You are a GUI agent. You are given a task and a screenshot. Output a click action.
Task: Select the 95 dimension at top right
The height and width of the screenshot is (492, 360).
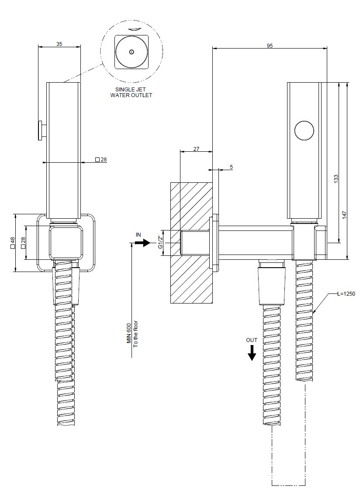coord(270,45)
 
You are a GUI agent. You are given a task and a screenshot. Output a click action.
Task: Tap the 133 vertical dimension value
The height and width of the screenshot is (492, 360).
coord(336,178)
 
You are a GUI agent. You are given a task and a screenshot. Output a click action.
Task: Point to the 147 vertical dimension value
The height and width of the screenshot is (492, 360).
coord(344,214)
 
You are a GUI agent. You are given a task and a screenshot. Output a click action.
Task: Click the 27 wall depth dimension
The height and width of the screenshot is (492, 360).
coord(196,149)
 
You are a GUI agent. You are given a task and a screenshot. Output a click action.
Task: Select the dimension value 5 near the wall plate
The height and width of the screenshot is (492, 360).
coord(231,167)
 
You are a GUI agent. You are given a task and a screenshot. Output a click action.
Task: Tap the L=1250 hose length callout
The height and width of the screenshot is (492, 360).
coord(346,294)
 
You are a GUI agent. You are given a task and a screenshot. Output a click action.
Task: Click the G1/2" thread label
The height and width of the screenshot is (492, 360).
coord(160,242)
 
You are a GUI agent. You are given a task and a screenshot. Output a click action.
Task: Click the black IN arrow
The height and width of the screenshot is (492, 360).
coord(142,243)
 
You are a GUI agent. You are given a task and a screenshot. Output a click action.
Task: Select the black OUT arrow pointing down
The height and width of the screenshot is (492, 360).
coord(252,352)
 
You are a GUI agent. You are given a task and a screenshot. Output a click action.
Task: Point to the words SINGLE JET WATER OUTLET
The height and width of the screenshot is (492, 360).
coord(131,92)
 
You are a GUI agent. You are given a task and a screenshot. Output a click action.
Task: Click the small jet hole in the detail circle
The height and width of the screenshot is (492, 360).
coord(132,52)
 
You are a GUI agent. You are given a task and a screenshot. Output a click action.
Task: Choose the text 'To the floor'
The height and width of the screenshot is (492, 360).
coord(135,334)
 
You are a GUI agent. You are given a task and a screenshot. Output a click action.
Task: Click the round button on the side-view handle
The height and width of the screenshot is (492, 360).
coord(304,130)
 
